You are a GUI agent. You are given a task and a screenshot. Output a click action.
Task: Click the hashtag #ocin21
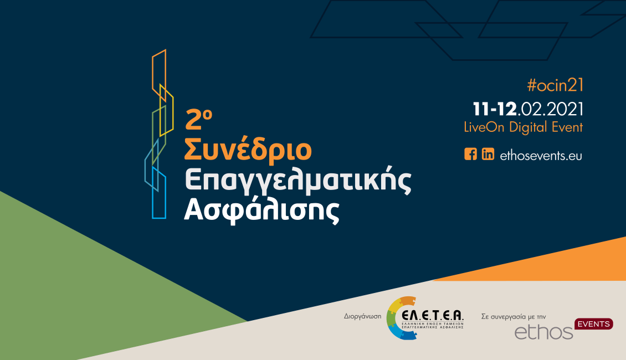[x=555, y=85]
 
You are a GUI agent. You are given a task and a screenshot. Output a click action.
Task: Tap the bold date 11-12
[x=495, y=109]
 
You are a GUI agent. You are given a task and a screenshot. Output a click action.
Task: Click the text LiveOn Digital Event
[x=524, y=127]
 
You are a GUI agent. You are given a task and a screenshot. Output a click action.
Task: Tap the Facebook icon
[x=471, y=154]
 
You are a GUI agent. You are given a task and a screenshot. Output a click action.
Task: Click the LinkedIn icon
[x=488, y=154]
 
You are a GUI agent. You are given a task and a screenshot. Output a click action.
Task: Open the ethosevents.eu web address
[x=541, y=155]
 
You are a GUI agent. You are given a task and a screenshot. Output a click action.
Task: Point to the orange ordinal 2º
[x=198, y=119]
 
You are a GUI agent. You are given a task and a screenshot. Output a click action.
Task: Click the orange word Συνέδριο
[x=248, y=150]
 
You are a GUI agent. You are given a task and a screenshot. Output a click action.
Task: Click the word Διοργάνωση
[x=362, y=316]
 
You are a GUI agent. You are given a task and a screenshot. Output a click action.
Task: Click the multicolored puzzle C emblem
[x=393, y=318]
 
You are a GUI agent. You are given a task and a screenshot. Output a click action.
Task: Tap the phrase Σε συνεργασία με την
[x=514, y=316]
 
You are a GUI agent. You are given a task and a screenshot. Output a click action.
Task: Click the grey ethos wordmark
[x=544, y=332]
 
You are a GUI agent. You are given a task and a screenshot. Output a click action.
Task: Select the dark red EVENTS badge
[x=594, y=323]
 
